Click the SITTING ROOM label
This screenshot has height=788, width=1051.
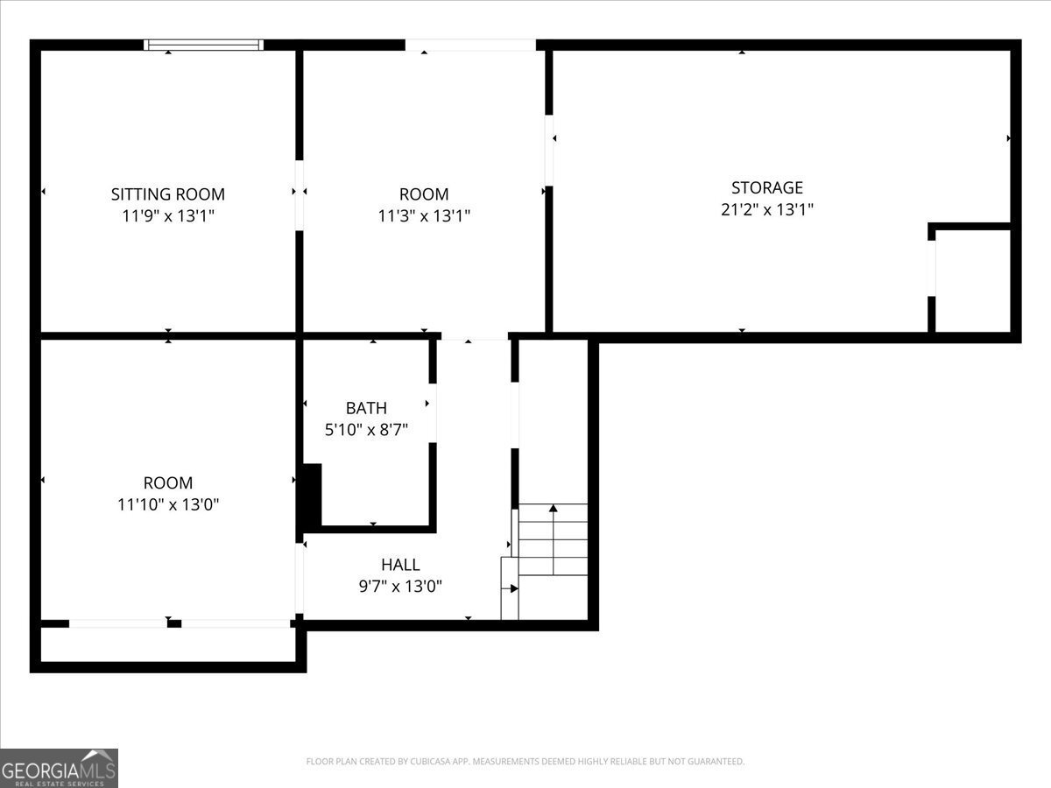click(167, 194)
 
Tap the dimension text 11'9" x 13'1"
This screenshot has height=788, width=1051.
click(167, 216)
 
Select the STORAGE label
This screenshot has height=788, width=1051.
click(767, 187)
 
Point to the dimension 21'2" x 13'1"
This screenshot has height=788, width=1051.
click(767, 209)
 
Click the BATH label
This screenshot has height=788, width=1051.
click(366, 408)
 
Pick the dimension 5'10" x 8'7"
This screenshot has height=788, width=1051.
click(366, 430)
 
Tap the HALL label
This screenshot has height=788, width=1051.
click(400, 565)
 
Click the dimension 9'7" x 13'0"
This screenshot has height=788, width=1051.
click(400, 587)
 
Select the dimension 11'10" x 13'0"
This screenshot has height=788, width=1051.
click(168, 504)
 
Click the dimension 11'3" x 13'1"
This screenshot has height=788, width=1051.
click(424, 216)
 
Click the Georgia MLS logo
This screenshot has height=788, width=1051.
click(59, 768)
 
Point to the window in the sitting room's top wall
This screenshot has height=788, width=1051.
click(204, 45)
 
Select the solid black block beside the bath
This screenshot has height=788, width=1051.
click(312, 496)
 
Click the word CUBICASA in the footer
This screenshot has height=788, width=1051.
click(429, 762)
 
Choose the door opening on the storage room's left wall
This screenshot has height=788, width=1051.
click(549, 150)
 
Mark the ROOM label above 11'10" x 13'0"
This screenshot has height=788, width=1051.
click(168, 482)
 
